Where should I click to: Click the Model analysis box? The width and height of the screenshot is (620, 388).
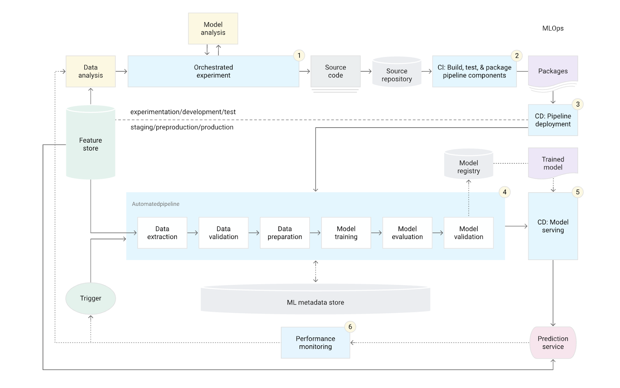pos(213,29)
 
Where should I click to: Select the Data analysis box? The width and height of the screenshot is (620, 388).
pos(91,71)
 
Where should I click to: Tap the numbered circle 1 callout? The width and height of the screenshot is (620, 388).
pos(299,56)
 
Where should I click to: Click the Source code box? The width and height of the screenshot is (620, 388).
pos(336,71)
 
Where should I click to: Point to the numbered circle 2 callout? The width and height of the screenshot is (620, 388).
pos(517,56)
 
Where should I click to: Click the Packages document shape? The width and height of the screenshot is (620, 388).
pos(553,72)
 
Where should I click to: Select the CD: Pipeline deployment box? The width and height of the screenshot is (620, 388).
pos(553,120)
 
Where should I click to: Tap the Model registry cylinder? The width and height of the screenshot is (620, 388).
pos(468,164)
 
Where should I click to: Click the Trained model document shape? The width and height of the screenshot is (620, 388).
pos(553,163)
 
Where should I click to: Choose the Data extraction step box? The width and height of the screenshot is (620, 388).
pos(162,233)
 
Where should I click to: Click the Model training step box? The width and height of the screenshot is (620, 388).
pos(346,233)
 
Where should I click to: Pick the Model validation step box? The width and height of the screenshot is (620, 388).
pos(468,233)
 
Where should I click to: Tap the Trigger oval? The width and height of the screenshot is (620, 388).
pos(91,298)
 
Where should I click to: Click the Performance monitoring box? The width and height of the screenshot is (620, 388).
pos(315,343)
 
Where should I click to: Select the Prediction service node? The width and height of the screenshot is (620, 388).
pos(553,343)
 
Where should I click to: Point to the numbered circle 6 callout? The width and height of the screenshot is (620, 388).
pos(350,327)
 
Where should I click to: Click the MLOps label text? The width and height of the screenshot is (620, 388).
pos(553,28)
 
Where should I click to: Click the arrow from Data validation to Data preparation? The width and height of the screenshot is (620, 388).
pos(254,233)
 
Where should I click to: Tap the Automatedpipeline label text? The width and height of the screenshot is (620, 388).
pos(155,204)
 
